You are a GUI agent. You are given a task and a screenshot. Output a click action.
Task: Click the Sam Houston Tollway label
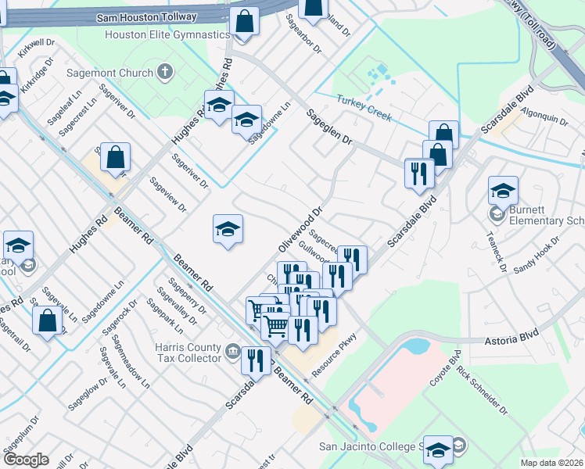click(145, 16)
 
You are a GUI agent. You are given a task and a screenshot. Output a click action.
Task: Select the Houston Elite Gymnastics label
click(167, 35)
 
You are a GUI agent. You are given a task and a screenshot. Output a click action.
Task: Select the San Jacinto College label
click(371, 447)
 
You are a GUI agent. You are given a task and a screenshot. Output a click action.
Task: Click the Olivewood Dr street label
click(300, 230)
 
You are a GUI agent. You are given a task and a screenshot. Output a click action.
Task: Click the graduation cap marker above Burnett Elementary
click(503, 190)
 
